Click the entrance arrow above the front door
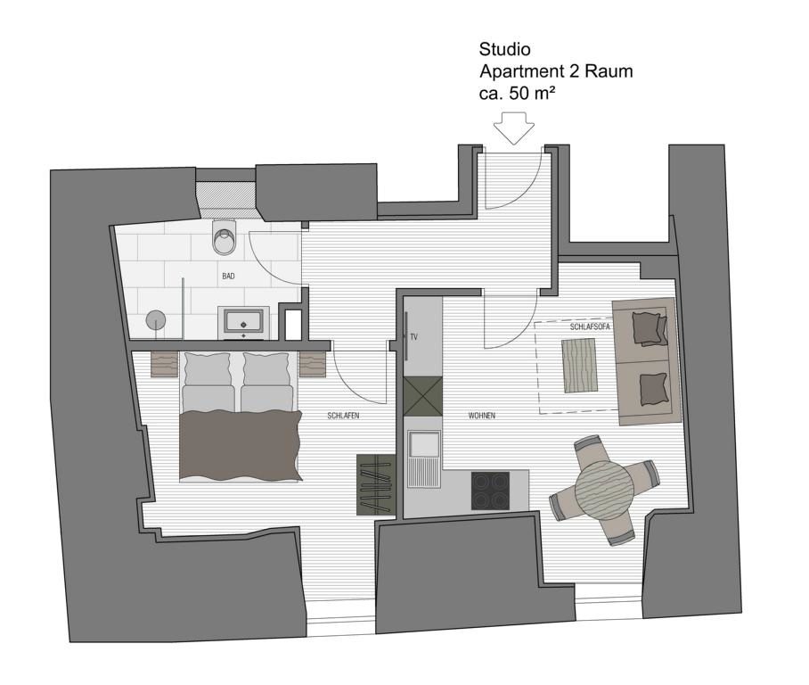513,128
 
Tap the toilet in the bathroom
225,236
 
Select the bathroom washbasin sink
243,323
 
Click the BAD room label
228,276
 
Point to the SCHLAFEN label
343,416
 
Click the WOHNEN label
482,416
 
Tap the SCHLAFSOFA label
590,327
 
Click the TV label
413,337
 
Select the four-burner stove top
490,491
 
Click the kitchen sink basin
423,445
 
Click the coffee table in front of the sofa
579,365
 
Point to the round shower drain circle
156,320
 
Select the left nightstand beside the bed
165,364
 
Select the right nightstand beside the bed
314,364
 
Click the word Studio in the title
504,50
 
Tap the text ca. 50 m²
518,94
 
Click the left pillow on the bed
208,369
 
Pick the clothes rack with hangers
376,484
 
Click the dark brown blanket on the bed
241,445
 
